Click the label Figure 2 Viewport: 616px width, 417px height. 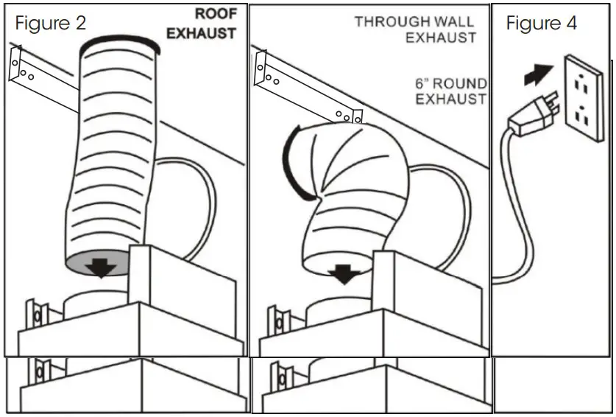[x=50, y=23]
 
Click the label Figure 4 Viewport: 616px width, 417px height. [x=541, y=23]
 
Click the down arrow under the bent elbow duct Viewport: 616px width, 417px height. [x=342, y=275]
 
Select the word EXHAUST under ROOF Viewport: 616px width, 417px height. [x=201, y=33]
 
